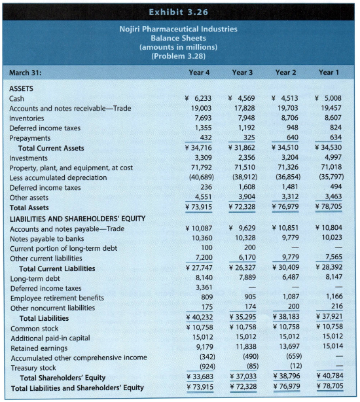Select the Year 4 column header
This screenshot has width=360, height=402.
[201, 72]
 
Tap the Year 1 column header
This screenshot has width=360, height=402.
[331, 72]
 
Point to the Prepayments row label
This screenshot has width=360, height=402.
[29, 138]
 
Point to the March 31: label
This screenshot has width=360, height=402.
[27, 72]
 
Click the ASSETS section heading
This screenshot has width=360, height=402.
[24, 88]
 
